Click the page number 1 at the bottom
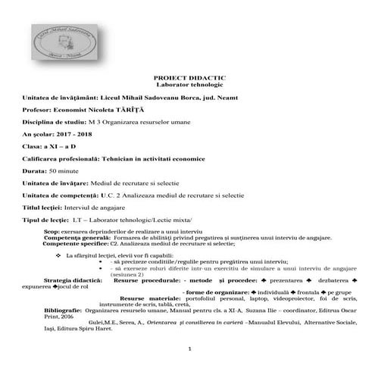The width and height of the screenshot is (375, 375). [x=189, y=348]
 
